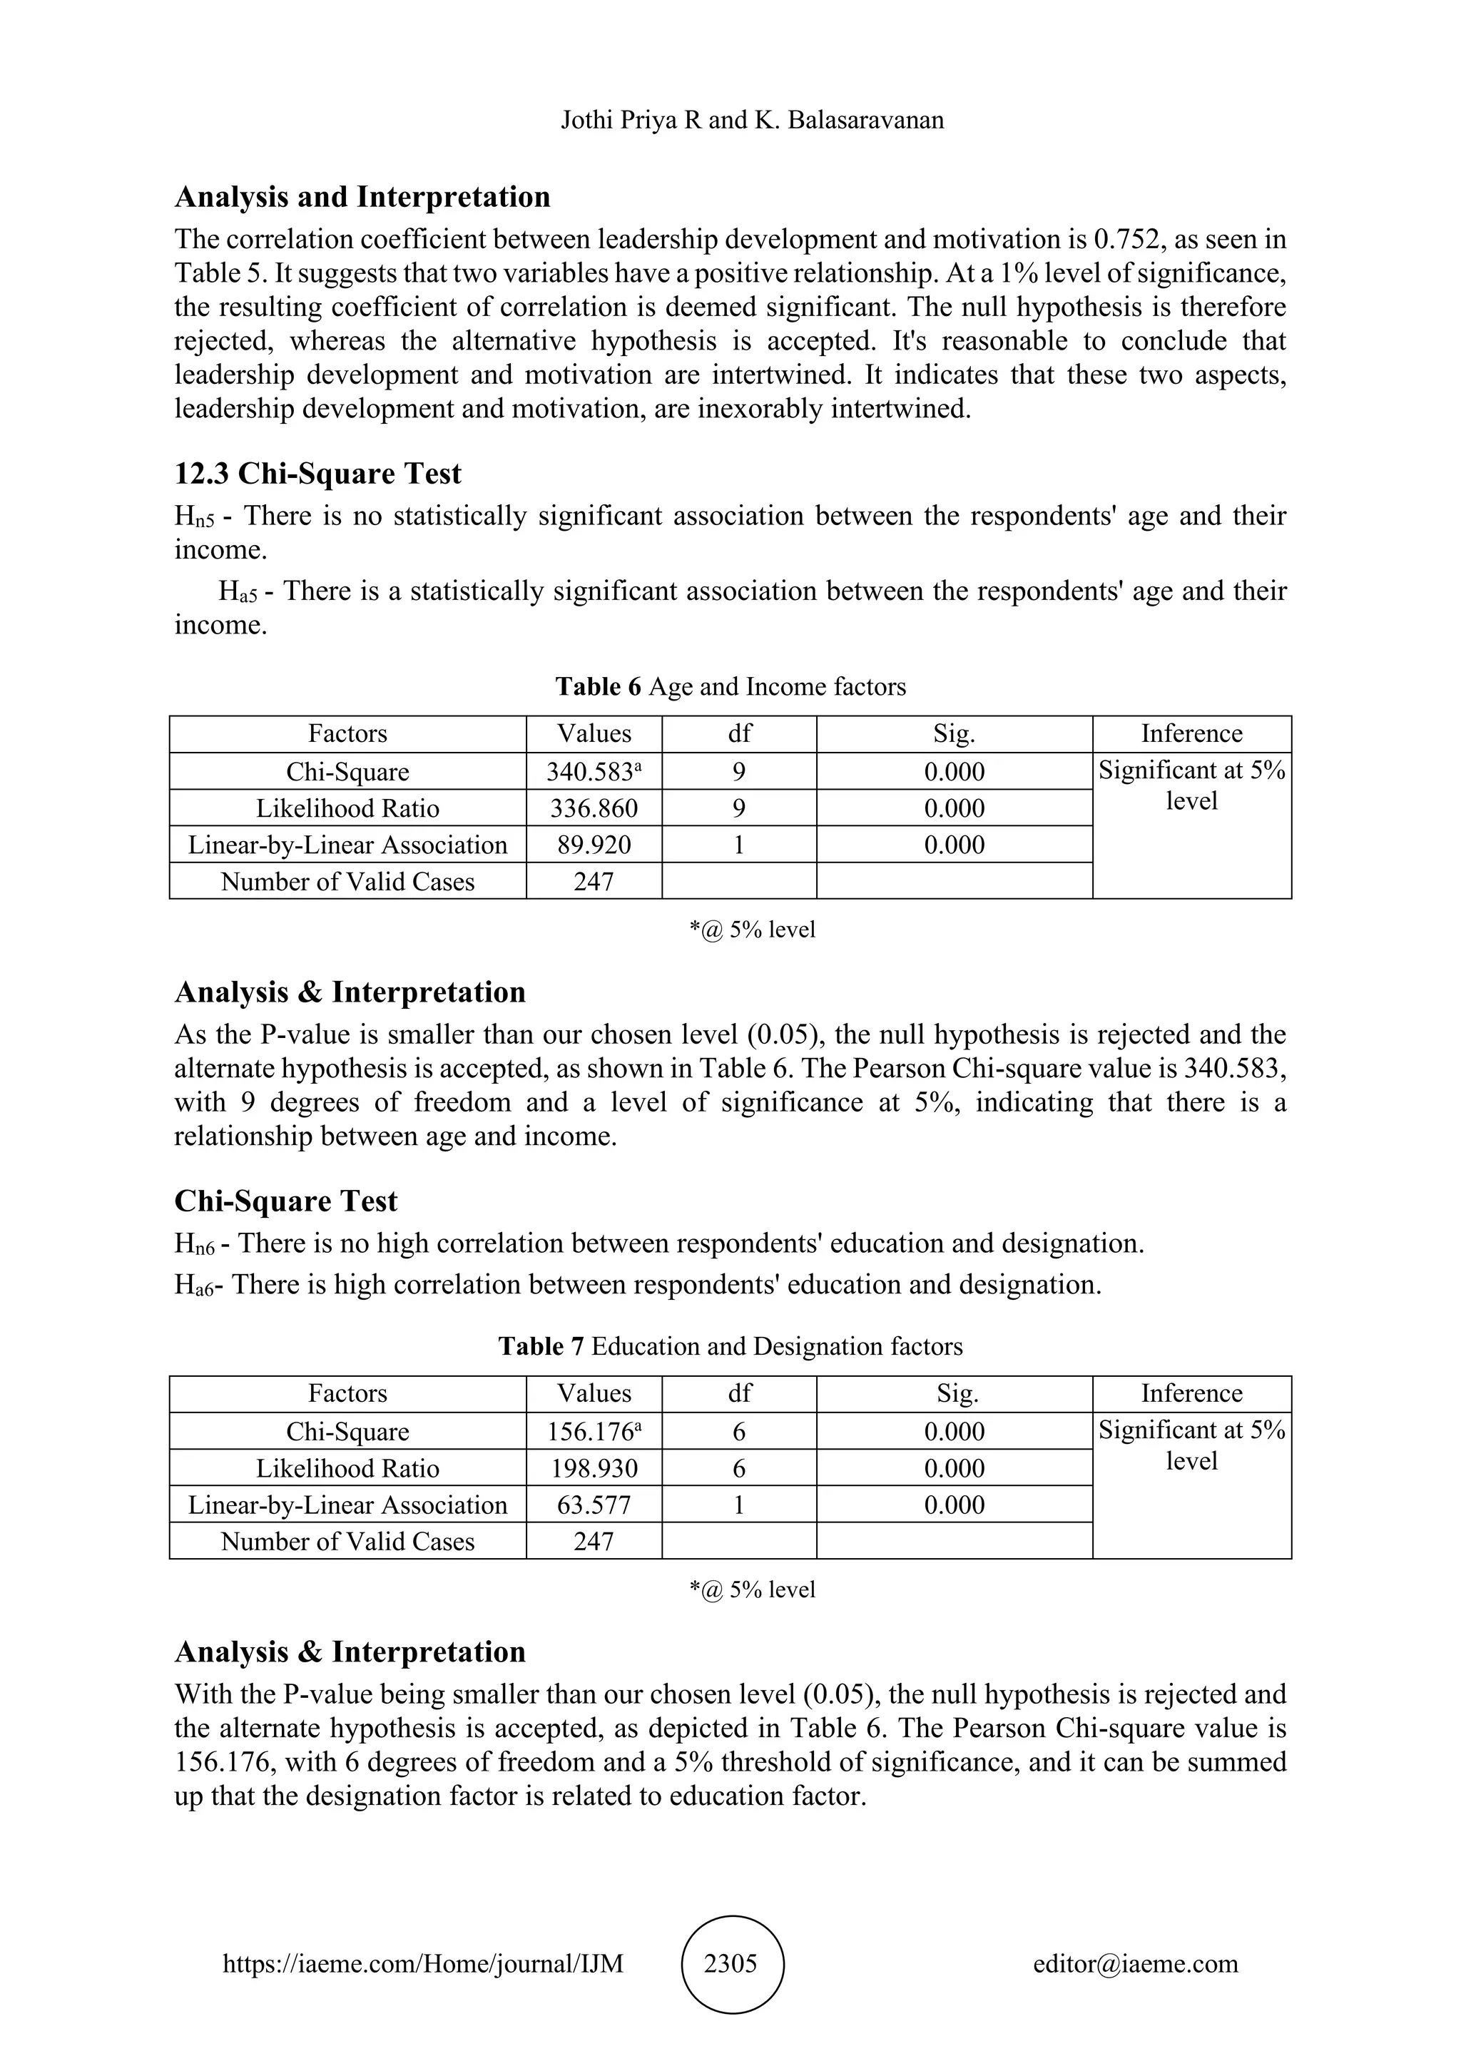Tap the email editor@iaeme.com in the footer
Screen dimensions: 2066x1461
1135,1963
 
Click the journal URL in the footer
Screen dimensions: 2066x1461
423,1963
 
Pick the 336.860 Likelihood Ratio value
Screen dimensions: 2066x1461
594,808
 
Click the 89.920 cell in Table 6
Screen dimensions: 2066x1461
594,845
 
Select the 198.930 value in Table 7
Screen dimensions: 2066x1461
594,1468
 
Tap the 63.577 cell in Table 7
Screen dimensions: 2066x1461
594,1505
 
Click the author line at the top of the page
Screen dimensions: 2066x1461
752,120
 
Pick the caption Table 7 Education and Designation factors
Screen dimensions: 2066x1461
730,1346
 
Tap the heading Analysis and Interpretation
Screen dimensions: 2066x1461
362,196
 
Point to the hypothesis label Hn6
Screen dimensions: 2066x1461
194,1244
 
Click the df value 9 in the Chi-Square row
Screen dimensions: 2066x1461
738,772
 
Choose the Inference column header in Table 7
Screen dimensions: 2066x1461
1191,1394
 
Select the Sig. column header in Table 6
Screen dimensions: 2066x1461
954,734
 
